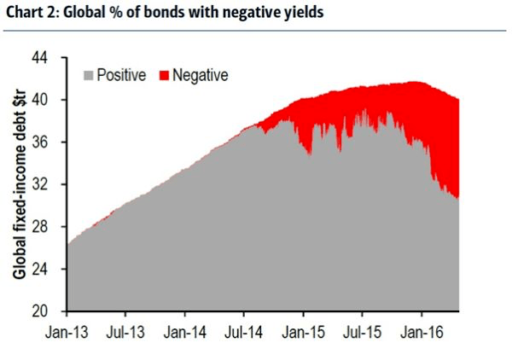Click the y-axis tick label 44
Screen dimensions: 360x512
pyautogui.click(x=51, y=57)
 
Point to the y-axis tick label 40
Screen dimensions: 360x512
pyautogui.click(x=51, y=100)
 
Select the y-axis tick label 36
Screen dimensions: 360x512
pyautogui.click(x=51, y=142)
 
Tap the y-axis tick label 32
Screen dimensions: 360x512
pyautogui.click(x=51, y=184)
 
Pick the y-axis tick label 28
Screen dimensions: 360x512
pyautogui.click(x=51, y=227)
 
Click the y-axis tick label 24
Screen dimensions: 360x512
pyautogui.click(x=51, y=269)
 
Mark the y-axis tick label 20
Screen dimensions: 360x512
pyautogui.click(x=51, y=311)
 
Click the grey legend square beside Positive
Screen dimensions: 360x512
pyautogui.click(x=89, y=76)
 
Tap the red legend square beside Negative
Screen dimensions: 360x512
pyautogui.click(x=165, y=76)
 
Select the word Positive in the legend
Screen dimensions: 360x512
pyautogui.click(x=122, y=76)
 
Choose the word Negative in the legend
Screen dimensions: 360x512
pyautogui.click(x=201, y=76)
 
